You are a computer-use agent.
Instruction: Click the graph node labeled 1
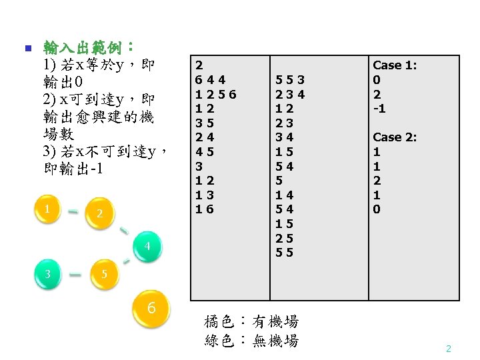click(47, 209)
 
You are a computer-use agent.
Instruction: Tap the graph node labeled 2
click(99, 213)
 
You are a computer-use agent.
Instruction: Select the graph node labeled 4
click(150, 247)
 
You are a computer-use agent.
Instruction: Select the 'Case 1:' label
click(395, 65)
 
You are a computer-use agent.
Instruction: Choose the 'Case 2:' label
click(395, 137)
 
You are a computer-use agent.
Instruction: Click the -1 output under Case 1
click(379, 109)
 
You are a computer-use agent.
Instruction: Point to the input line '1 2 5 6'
click(215, 94)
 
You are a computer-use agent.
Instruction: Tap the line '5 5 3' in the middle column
click(290, 80)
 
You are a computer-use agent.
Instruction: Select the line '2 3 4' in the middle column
click(290, 94)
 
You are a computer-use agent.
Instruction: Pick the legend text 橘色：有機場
click(251, 321)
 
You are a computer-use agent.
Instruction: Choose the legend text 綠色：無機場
click(251, 341)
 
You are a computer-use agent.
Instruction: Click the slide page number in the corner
click(449, 349)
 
